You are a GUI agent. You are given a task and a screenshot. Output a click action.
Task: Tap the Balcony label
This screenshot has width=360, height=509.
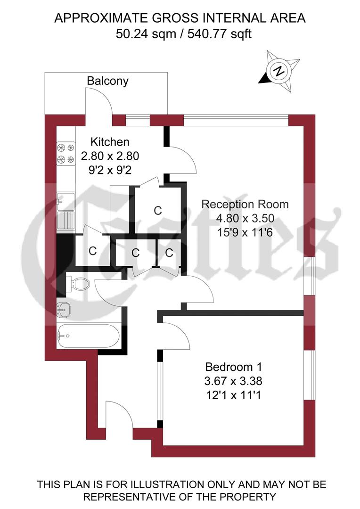pos(107,81)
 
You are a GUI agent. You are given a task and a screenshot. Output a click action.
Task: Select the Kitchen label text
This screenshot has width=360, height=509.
pos(110,142)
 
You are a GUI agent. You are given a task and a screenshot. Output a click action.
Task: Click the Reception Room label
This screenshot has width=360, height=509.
pos(245,205)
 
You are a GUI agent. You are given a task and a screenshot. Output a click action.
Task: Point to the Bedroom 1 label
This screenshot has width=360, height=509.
pos(233,367)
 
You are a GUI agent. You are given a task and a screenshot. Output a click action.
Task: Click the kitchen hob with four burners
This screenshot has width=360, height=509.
pos(66,153)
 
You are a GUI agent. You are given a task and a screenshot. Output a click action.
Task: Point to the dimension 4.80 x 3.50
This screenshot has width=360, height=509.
pos(245,218)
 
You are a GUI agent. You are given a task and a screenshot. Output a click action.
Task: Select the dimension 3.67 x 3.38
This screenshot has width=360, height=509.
pos(233,381)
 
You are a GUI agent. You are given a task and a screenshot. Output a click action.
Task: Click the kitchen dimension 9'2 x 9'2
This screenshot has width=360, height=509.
pos(110,170)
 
